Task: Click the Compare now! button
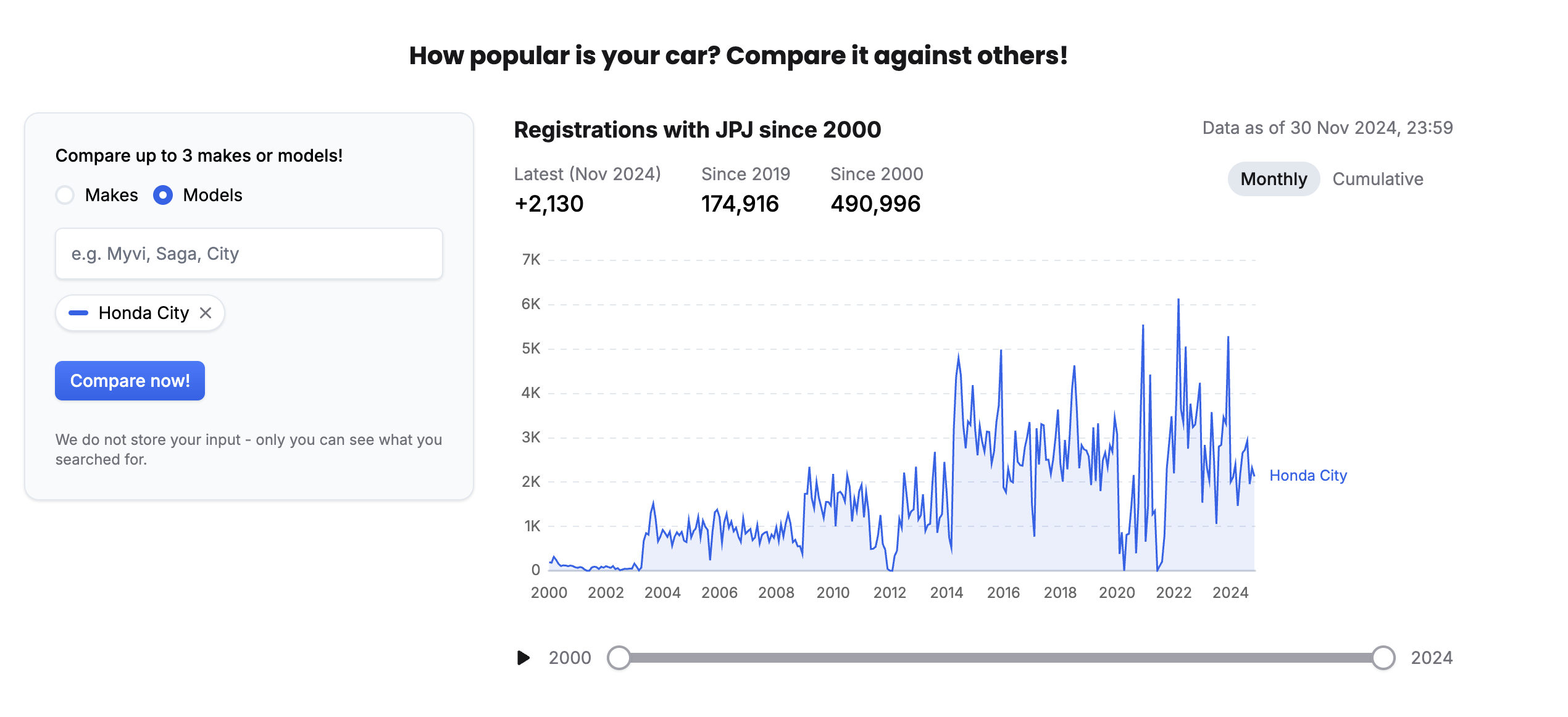coord(130,381)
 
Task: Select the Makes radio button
coord(65,195)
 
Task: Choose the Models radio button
coord(163,195)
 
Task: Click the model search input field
coord(249,254)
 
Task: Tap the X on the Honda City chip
coord(206,313)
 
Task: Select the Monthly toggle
coord(1274,179)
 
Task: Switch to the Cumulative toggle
coord(1377,179)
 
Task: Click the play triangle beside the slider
coord(523,658)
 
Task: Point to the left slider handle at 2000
coord(619,658)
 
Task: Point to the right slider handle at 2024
coord(1383,658)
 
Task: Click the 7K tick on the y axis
coord(531,260)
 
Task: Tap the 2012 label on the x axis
coord(890,592)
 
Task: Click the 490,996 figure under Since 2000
coord(875,204)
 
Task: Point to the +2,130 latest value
coord(549,204)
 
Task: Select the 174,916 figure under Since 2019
coord(740,204)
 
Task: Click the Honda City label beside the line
coord(1308,476)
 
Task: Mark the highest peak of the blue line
coord(1178,300)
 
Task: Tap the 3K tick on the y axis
coord(531,437)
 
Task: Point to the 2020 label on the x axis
coord(1117,592)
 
